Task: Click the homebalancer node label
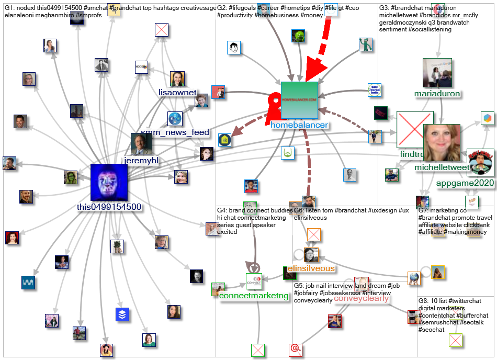coord(299,125)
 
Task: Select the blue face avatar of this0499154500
coord(109,182)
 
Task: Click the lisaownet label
coord(177,93)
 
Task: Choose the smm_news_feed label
coord(175,132)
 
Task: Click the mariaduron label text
coord(437,94)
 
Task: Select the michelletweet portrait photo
coord(442,142)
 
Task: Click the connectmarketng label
coord(254,296)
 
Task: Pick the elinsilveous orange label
coord(311,268)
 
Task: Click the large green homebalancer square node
coord(299,100)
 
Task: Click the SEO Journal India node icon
coord(375,90)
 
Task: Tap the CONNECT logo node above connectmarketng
coord(254,281)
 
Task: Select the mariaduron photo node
coord(437,72)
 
